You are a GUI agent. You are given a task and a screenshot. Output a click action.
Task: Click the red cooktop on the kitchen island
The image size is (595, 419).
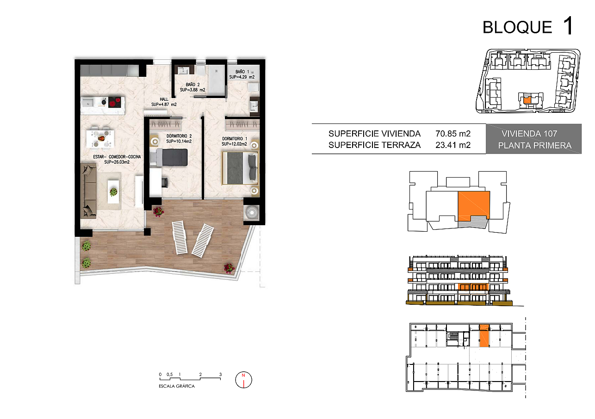point(114,102)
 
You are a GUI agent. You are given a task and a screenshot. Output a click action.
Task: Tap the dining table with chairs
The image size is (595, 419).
point(101,138)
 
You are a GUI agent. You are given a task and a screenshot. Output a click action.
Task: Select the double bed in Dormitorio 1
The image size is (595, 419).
point(240,168)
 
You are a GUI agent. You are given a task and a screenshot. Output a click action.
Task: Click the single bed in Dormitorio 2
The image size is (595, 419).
point(169,157)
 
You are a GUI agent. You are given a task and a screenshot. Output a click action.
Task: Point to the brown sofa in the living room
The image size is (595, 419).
point(88,191)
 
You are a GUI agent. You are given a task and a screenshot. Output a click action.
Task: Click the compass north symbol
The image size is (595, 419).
point(243,380)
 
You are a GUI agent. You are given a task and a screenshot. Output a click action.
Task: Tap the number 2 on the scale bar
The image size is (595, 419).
point(200,375)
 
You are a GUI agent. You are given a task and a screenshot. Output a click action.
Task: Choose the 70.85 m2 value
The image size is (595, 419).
point(453,134)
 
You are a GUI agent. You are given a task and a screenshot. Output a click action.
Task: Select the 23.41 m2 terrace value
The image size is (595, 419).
point(453,145)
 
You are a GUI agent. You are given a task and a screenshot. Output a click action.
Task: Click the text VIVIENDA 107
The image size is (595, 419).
point(529,134)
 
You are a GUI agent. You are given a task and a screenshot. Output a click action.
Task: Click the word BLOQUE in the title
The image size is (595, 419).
point(517,27)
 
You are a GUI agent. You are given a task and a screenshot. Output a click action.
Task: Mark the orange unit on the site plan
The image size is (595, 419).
point(527,100)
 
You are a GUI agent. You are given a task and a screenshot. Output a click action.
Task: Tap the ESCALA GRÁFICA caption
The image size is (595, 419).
point(177,386)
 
